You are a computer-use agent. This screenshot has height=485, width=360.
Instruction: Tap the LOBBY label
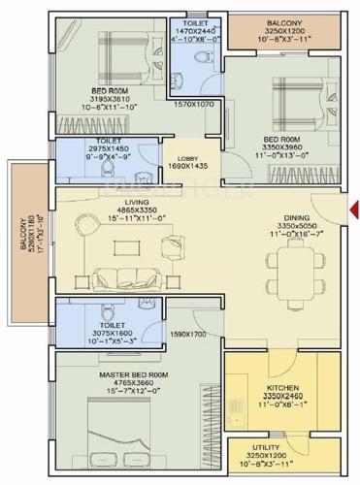click(189, 156)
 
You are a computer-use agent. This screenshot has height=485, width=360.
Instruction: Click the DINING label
click(297, 218)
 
